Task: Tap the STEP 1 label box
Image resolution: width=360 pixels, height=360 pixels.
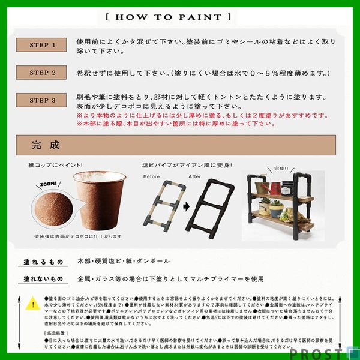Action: (x=43, y=46)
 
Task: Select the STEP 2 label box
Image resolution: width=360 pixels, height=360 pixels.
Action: (x=43, y=73)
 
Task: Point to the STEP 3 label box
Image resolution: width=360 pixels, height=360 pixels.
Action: (x=43, y=100)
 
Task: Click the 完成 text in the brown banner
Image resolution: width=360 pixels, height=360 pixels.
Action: (x=46, y=145)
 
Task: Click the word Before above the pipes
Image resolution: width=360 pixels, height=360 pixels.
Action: (x=152, y=177)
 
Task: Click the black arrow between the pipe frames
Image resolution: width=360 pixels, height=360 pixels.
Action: (x=185, y=207)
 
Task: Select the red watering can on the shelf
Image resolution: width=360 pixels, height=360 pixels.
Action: (x=274, y=188)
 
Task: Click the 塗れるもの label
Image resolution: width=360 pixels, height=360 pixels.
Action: (x=43, y=262)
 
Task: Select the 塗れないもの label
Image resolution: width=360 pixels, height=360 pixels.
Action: (x=43, y=279)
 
